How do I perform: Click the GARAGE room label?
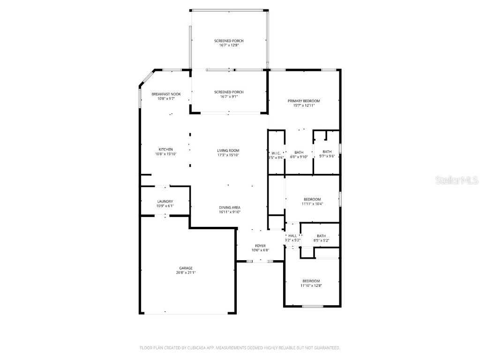point(186,268)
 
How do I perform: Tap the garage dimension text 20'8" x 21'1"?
point(186,272)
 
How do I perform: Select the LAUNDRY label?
point(165,202)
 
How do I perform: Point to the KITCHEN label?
point(166,150)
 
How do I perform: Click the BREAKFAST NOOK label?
point(166,94)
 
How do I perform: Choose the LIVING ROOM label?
point(228,150)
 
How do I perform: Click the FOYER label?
point(260,246)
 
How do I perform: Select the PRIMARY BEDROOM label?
point(304,101)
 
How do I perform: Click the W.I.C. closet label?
point(276,153)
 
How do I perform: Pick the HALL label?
point(292,236)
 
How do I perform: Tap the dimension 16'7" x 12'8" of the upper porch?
point(229,45)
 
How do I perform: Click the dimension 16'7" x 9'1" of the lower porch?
point(229,97)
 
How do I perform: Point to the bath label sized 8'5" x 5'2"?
point(321,236)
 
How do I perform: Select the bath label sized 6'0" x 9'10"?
point(299,152)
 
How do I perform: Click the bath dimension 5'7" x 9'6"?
point(327,157)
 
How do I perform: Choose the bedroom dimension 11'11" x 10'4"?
point(312,204)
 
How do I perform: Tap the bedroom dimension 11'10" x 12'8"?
point(311,285)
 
